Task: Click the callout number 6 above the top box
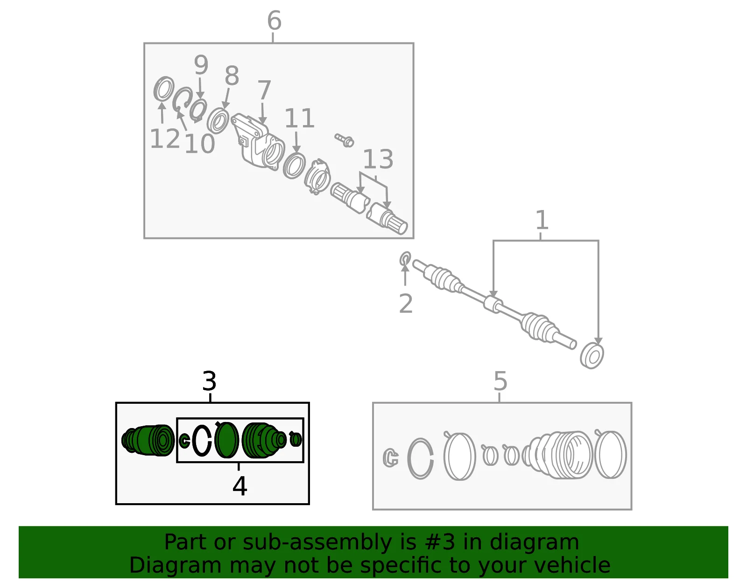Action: [275, 21]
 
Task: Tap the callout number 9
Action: [201, 65]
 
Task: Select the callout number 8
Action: [232, 76]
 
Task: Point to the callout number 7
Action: [264, 90]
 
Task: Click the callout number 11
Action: [299, 119]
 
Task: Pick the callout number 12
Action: [165, 139]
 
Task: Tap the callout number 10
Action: [200, 144]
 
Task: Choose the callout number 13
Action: [378, 159]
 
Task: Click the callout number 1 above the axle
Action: [542, 220]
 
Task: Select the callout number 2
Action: [406, 304]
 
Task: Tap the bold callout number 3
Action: [209, 381]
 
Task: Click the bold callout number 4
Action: [240, 486]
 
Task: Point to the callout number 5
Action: [500, 381]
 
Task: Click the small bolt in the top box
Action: [344, 140]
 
